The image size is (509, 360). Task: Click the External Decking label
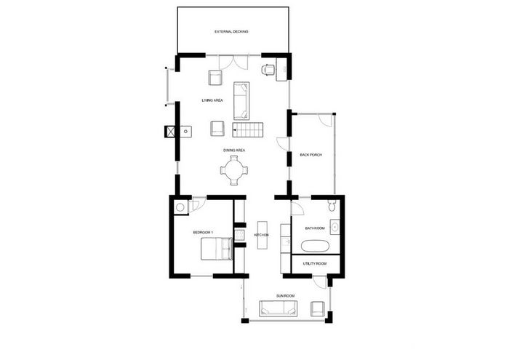click(x=231, y=31)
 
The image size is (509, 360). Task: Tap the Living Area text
click(x=212, y=100)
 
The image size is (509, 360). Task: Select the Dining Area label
click(x=234, y=151)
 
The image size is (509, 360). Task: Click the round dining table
click(x=234, y=170)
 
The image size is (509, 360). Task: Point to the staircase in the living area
click(x=248, y=129)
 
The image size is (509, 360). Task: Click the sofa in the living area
click(x=241, y=101)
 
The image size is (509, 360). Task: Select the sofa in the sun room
click(x=278, y=308)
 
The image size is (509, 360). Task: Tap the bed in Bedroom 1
click(x=217, y=249)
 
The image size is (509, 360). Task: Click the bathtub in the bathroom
click(x=315, y=246)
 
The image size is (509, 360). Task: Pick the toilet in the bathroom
click(x=332, y=206)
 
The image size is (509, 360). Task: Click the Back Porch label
click(x=311, y=155)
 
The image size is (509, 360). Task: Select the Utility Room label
click(x=315, y=263)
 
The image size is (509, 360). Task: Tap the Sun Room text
click(x=286, y=296)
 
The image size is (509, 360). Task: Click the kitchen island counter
click(x=262, y=235)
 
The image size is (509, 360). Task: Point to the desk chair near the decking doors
click(x=268, y=69)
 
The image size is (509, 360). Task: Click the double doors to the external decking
click(x=233, y=63)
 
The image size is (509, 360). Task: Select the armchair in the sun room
click(x=318, y=308)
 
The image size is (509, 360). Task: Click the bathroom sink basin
click(x=334, y=227)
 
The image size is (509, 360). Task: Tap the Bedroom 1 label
click(x=203, y=233)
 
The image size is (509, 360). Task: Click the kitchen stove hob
click(x=239, y=235)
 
